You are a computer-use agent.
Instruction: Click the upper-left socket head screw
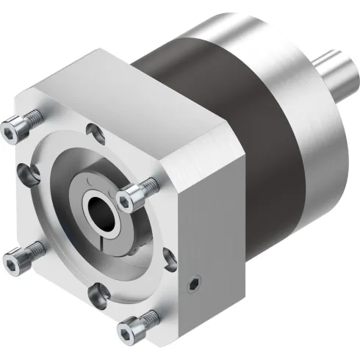tap(15, 131)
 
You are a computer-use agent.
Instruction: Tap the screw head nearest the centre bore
tap(132, 195)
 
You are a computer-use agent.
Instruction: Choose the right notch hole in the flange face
tap(170, 259)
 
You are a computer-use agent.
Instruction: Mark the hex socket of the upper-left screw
tap(10, 132)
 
